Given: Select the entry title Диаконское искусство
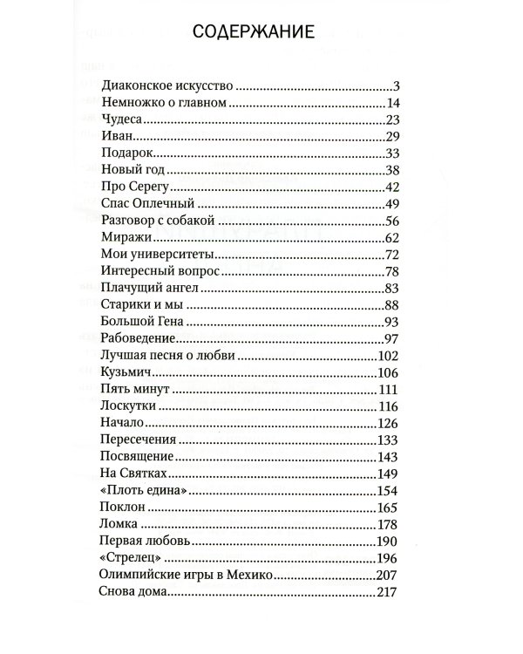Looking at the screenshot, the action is click(168, 86).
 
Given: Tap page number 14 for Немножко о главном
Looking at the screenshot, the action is click(391, 103).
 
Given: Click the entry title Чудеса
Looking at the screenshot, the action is click(121, 119).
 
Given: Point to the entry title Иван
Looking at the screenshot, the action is click(117, 136).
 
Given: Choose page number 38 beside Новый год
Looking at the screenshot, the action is click(391, 170).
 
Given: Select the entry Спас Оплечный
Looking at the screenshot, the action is click(143, 203).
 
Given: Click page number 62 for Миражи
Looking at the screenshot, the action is click(391, 237).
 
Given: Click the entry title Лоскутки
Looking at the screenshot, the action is click(127, 405).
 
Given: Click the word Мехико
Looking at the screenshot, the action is click(252, 575).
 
